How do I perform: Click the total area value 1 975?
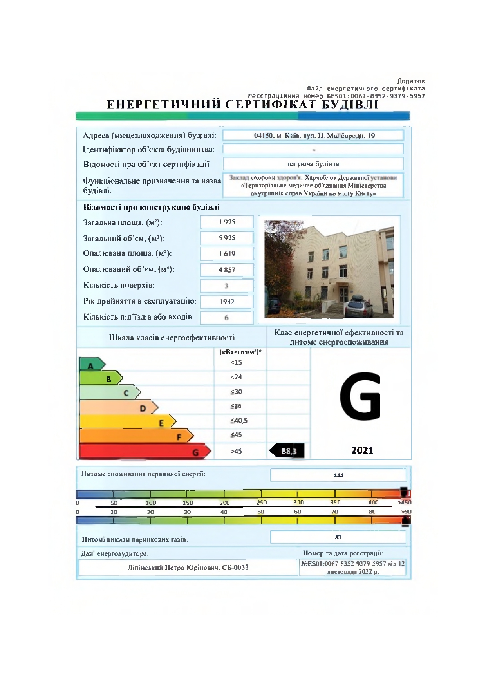tap(227, 222)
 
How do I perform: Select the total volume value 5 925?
tap(227, 238)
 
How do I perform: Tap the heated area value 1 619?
tap(227, 254)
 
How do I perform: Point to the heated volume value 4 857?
tap(227, 270)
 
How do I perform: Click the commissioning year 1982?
tap(227, 302)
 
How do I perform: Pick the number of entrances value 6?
tap(226, 318)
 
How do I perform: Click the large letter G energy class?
tap(360, 396)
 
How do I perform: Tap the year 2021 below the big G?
tap(362, 450)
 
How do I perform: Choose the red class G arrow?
tap(145, 451)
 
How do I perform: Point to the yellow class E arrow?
tap(127, 421)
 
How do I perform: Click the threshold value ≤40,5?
tap(239, 421)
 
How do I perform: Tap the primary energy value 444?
tap(338, 475)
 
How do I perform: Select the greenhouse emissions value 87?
tap(338, 537)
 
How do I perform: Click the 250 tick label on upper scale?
tap(262, 503)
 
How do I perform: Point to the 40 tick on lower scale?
tap(224, 512)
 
